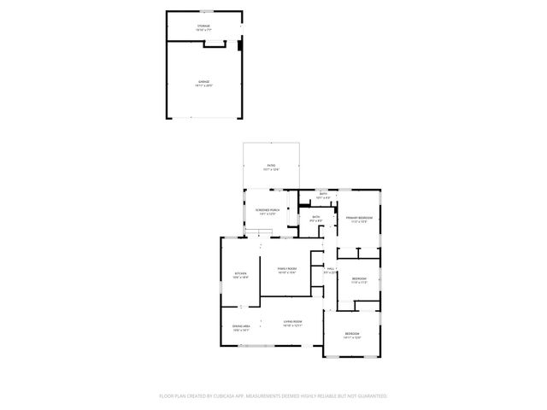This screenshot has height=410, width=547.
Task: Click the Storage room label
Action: pos(203,26)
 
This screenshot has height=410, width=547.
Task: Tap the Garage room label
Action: pos(203,81)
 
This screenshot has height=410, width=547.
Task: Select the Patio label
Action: pos(270,165)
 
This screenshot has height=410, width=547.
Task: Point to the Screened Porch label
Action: pos(268,209)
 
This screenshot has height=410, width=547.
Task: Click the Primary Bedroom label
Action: pos(359,218)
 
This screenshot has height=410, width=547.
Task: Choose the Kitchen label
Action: pos(240,273)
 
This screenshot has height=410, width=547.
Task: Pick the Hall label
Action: pos(330,268)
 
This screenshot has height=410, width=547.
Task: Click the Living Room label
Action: pos(293,321)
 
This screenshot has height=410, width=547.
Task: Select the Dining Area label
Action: pos(240,326)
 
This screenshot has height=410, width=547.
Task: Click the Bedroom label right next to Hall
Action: pos(359,278)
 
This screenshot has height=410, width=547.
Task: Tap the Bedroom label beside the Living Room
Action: pos(352,333)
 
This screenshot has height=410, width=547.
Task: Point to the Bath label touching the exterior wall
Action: pos(323,194)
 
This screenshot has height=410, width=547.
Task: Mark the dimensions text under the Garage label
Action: pos(203,85)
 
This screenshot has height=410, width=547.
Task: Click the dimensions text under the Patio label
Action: pos(270,169)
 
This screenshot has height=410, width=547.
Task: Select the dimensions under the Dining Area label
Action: pos(240,331)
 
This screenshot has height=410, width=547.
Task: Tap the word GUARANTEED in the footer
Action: pos(371,395)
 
